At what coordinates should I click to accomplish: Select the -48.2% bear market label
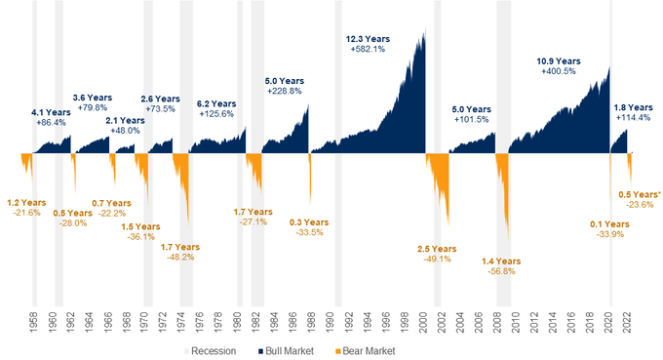(x=180, y=258)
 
